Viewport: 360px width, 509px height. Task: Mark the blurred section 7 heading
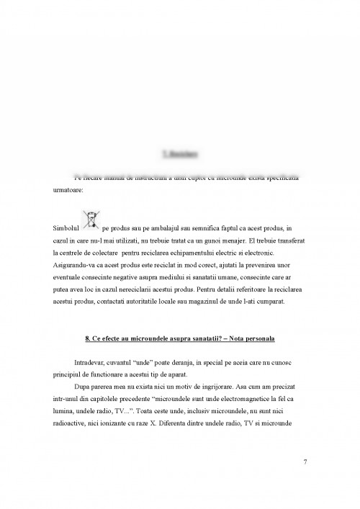click(180, 153)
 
